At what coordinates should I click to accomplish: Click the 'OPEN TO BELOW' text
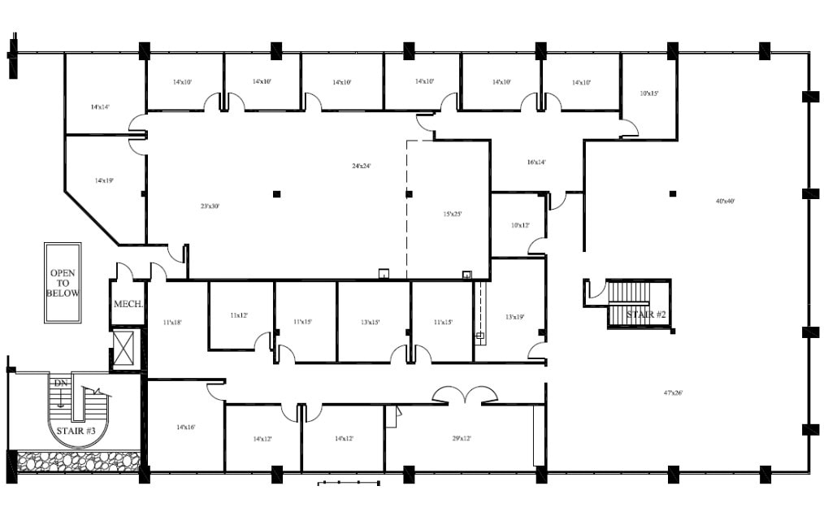coord(63,283)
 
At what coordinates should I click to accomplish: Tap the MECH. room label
coord(128,304)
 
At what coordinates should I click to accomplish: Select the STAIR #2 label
coord(646,314)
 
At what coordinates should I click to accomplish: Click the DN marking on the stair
coord(60,383)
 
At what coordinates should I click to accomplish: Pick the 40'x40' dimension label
coord(725,201)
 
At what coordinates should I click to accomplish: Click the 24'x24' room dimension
coord(361,166)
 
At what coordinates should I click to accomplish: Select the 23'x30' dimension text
coord(210,206)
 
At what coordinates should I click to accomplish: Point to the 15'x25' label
coord(453,214)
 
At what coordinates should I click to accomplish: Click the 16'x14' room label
coord(536,162)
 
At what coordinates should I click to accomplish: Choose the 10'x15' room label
coord(648,93)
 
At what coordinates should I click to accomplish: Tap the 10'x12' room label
coord(520,224)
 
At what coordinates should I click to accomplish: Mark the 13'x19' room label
coord(514,316)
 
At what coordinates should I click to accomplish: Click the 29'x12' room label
coord(461,438)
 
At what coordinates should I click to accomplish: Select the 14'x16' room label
coord(185,427)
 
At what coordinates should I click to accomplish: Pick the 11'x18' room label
coord(172,323)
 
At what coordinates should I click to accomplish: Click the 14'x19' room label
coord(103,180)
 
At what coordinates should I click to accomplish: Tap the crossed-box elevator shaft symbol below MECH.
coord(126,349)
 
